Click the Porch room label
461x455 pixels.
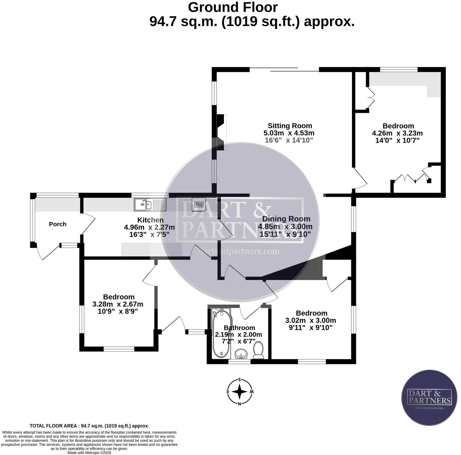coord(58,224)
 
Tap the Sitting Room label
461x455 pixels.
coord(290,126)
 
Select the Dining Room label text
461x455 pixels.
coord(286,219)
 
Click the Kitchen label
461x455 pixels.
coord(150,220)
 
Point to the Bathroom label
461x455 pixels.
coord(239,328)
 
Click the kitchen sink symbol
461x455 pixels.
coord(150,205)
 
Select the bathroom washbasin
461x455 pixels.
coord(242,354)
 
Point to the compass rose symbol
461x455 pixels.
coord(239,392)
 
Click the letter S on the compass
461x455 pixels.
coord(239,380)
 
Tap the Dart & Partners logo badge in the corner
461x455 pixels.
coord(429,397)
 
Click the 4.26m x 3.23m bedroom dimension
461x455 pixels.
coord(397,133)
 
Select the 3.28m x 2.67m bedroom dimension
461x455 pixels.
coord(118,304)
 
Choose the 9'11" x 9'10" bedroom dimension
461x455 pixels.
coord(311,327)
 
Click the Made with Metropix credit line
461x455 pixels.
coord(89,453)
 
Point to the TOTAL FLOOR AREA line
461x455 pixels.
coord(89,426)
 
